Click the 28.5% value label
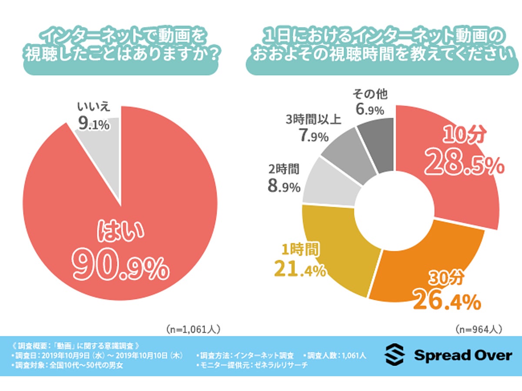click(x=463, y=162)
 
